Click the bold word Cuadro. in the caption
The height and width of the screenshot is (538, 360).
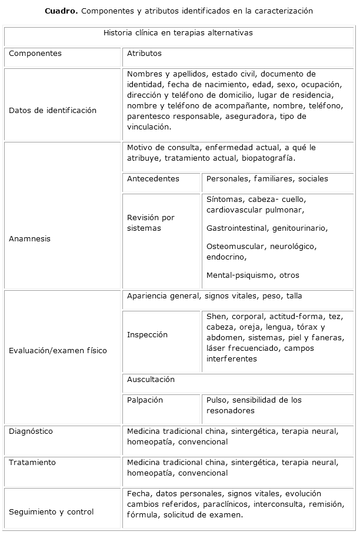coord(61,11)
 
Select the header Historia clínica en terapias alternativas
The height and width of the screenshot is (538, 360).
coord(178,33)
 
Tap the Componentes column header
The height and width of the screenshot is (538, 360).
coord(35,54)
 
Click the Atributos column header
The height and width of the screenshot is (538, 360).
coord(144,54)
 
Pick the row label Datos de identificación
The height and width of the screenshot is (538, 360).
coord(52,111)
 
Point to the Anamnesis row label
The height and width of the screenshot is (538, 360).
coord(30,239)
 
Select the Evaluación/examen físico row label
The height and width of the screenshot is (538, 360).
coord(58,351)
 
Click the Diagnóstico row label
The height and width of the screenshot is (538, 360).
coord(31,431)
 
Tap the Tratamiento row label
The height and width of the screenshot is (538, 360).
coord(32,463)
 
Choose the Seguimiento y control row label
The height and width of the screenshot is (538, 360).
coord(51,512)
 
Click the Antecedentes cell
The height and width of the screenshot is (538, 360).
coord(153,179)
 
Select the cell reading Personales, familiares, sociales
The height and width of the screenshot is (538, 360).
coord(267,179)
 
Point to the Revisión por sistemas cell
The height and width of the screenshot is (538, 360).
coord(151,223)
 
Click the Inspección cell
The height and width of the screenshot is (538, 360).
coord(147,335)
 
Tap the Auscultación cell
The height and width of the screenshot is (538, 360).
coord(151,380)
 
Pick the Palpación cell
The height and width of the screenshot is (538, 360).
coord(145,400)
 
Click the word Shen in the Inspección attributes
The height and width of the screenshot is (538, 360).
coord(216,317)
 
